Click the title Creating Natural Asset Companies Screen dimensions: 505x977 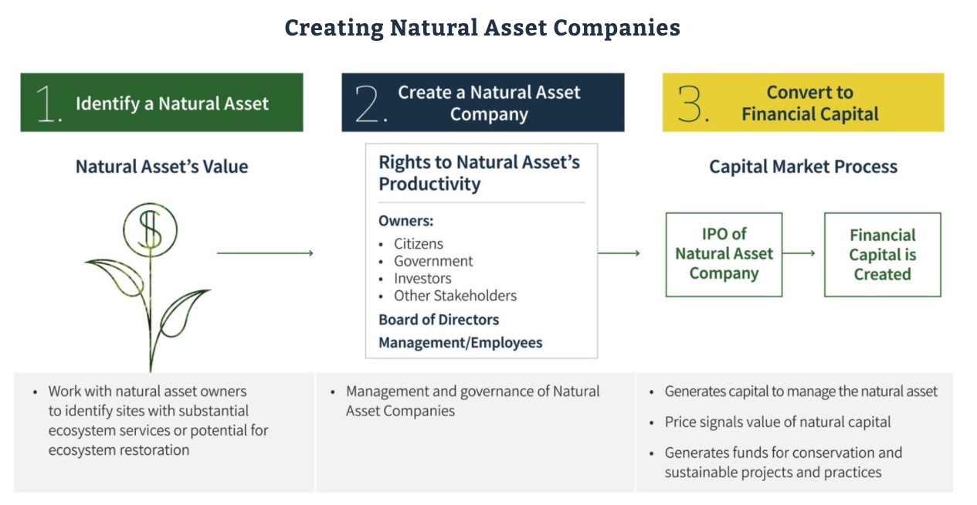tap(482, 29)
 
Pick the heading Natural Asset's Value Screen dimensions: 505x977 tap(161, 167)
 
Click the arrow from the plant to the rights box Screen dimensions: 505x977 tap(264, 252)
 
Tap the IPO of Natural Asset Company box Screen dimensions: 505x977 tap(724, 254)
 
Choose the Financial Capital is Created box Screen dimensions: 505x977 tap(882, 255)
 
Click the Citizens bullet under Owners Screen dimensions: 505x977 tap(418, 244)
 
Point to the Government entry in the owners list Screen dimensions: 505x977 tap(433, 261)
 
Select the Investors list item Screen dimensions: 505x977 tap(422, 278)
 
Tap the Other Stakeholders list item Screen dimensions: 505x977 tap(455, 296)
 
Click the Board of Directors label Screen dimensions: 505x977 tap(439, 320)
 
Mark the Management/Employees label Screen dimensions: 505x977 tap(460, 343)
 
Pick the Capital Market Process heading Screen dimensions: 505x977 tap(803, 167)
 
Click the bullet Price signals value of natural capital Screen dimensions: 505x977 tap(778, 422)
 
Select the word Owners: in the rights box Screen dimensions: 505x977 tap(405, 222)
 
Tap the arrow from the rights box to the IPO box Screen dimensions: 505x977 tap(619, 252)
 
